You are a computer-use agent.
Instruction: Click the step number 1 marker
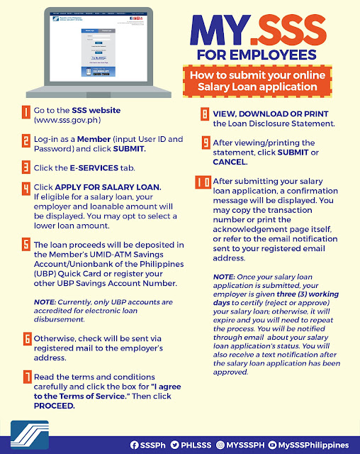25,112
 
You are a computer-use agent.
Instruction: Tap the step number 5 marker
25,245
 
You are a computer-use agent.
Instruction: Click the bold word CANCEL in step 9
234,162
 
